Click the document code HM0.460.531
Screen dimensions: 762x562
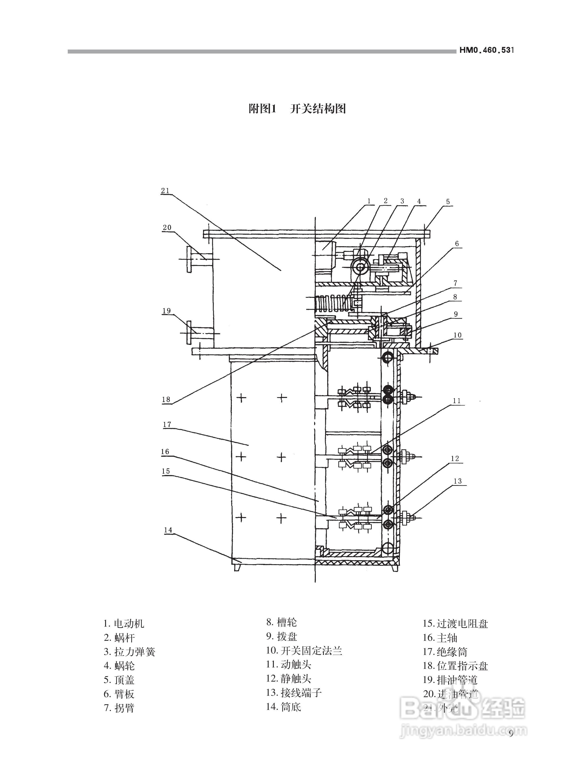coord(486,50)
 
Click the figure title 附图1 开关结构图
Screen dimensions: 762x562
coord(297,109)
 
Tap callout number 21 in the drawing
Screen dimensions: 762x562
coord(165,191)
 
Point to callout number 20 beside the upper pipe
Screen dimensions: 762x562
coord(167,227)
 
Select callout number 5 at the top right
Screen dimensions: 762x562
coord(448,202)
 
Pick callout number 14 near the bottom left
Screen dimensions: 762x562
coord(168,530)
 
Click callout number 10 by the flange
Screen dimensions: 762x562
coord(457,335)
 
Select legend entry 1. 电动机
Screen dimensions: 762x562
coord(124,624)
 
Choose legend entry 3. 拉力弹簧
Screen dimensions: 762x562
coord(129,652)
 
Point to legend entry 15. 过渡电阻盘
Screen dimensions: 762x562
coord(455,624)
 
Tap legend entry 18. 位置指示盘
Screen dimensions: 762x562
coord(455,666)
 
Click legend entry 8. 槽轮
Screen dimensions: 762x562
coord(281,622)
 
